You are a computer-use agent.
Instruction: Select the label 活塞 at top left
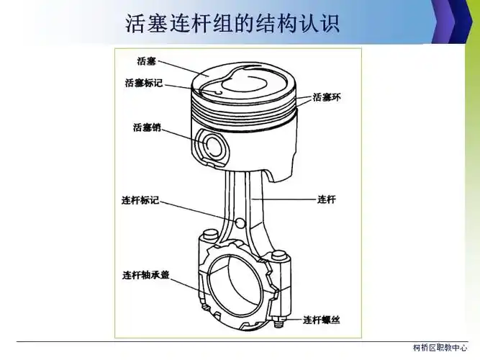(x=148, y=61)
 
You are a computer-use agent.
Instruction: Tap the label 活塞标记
(x=143, y=83)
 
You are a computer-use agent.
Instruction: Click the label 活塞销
(x=147, y=128)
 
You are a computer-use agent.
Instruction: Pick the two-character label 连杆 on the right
(x=327, y=199)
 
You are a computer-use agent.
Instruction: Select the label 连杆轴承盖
(x=146, y=275)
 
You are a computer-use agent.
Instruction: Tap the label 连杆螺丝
(x=322, y=319)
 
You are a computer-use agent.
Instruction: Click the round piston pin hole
(x=214, y=146)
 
